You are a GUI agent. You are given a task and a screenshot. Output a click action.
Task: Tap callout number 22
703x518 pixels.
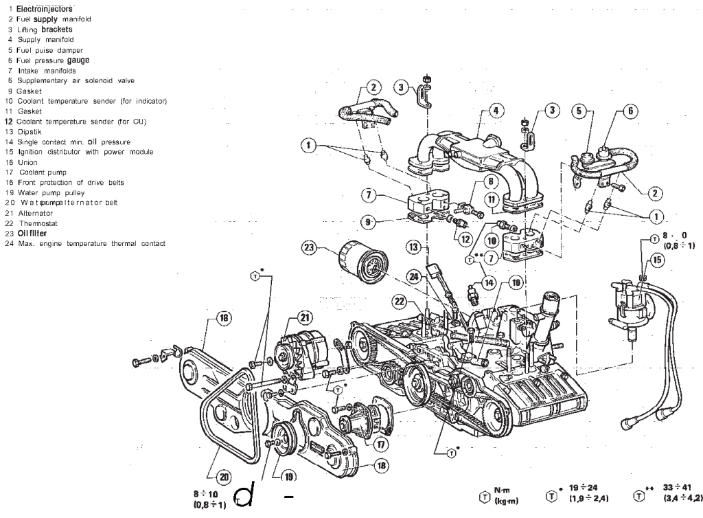(x=400, y=300)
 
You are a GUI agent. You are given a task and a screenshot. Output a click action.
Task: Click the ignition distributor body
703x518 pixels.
(x=631, y=302)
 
